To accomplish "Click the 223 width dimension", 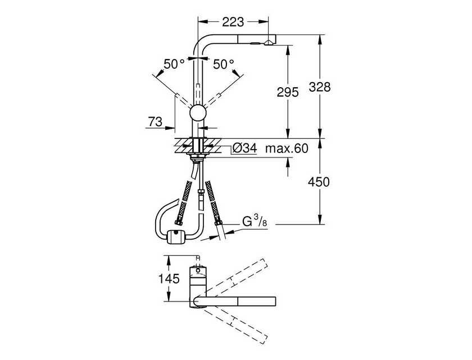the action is pyautogui.click(x=233, y=22).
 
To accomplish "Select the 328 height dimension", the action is pyautogui.click(x=320, y=87).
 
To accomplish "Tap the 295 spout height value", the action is pyautogui.click(x=288, y=92).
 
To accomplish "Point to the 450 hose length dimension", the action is pyautogui.click(x=319, y=182).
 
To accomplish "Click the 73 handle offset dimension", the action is pyautogui.click(x=155, y=121).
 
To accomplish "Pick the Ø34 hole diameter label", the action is pyautogui.click(x=245, y=148).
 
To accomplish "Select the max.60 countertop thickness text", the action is pyautogui.click(x=287, y=148).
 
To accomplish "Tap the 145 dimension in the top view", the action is pyautogui.click(x=169, y=278).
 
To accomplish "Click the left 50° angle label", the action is pyautogui.click(x=174, y=64).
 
